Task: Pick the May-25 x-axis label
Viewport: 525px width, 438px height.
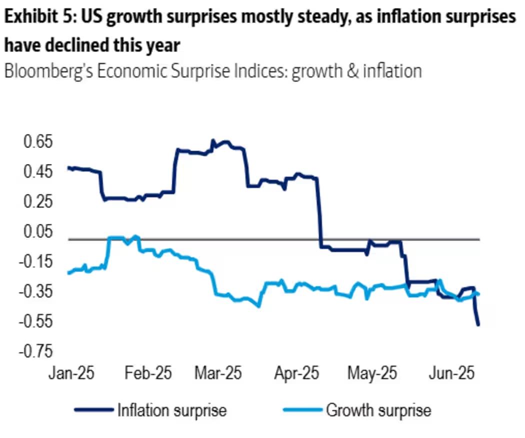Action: click(373, 373)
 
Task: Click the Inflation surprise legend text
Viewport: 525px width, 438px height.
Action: click(171, 410)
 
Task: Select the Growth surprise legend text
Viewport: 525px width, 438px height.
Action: click(378, 410)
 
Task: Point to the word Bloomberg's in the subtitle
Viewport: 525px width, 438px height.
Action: click(48, 71)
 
